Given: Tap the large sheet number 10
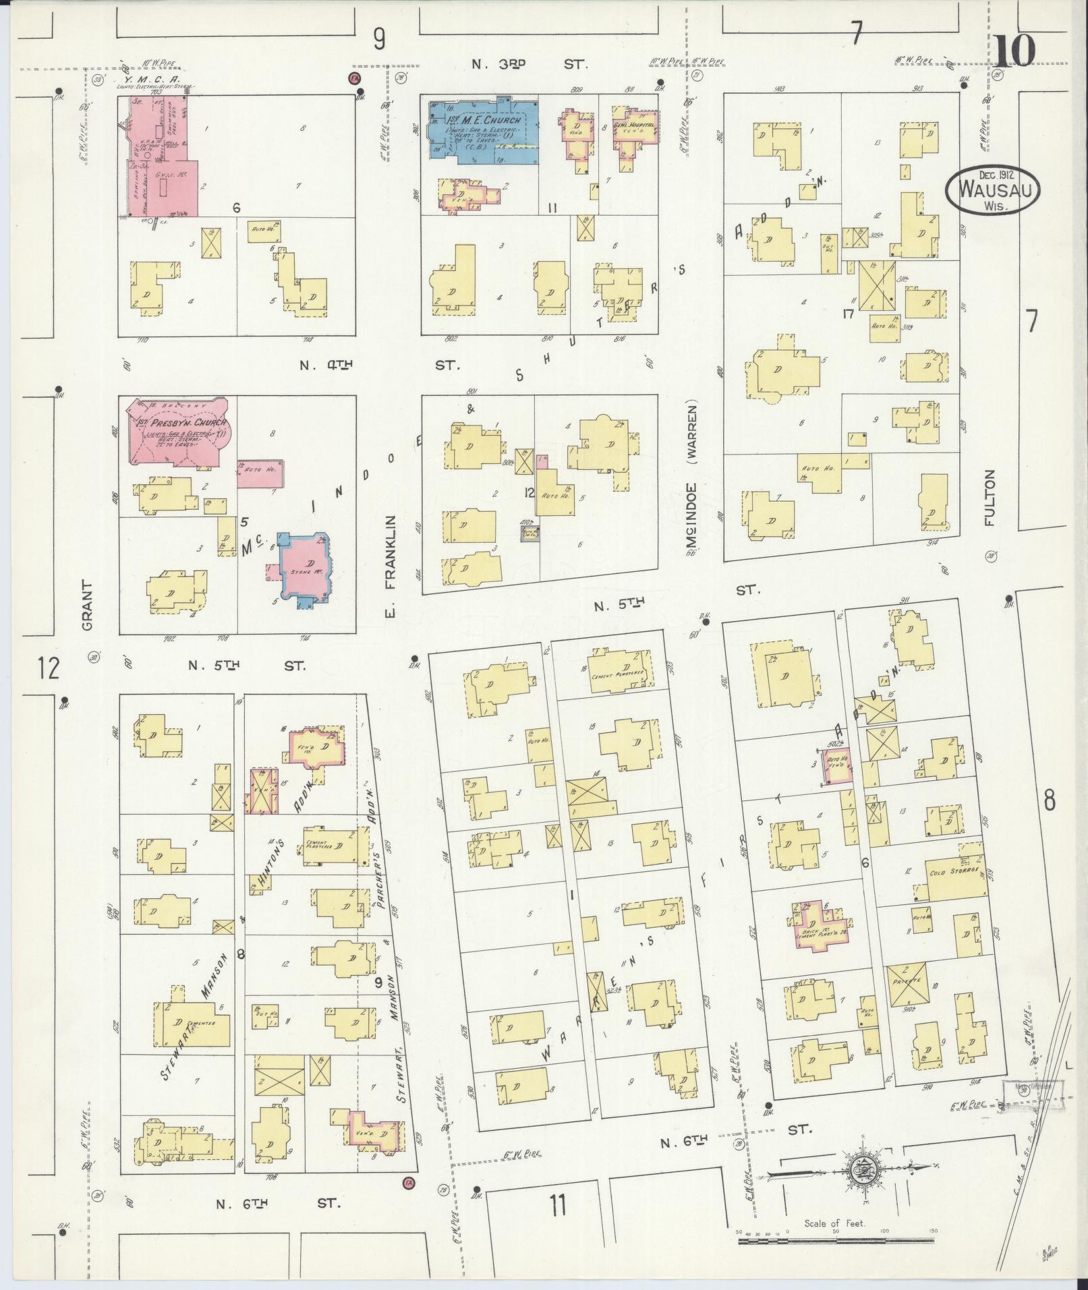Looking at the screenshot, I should pos(1014,51).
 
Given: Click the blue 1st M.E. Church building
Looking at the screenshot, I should pos(482,129).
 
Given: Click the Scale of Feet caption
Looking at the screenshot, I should pos(834,1223).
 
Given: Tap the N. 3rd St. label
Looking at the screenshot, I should pos(529,65).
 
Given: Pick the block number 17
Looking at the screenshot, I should pos(848,313).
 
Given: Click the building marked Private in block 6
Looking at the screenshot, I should pos(907,1004).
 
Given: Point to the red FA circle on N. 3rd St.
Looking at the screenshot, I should pos(353,78).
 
